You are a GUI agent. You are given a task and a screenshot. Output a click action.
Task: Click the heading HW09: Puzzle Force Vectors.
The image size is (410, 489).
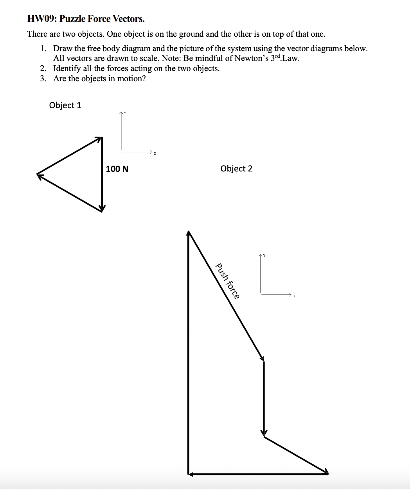(x=86, y=19)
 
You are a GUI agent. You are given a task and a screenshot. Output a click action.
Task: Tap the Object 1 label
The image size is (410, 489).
(x=65, y=105)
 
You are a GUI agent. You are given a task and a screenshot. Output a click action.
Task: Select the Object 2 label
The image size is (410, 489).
(x=236, y=168)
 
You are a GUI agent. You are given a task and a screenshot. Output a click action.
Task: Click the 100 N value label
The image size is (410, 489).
(x=117, y=169)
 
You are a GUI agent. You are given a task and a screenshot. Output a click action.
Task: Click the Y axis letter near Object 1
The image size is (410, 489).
(x=125, y=113)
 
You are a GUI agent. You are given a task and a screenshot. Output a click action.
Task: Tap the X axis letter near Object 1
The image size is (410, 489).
(x=155, y=153)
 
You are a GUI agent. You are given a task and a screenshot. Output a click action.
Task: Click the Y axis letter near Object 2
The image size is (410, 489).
(x=264, y=255)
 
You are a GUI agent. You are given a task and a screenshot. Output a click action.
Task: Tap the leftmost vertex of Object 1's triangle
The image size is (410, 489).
(x=38, y=174)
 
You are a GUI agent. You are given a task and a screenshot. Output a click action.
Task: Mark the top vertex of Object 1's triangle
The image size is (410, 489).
(x=101, y=137)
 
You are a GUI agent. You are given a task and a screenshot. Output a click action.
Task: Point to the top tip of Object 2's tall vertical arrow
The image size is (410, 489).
(x=189, y=232)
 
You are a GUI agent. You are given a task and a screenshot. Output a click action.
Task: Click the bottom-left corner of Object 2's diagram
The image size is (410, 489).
(x=189, y=474)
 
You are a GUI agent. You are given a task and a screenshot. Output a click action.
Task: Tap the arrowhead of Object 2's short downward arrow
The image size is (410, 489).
(x=264, y=434)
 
